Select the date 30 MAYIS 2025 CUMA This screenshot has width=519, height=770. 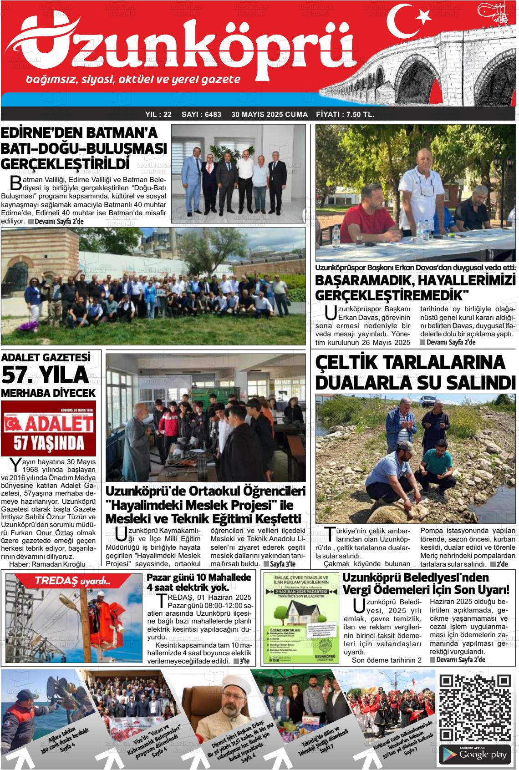click(x=270, y=115)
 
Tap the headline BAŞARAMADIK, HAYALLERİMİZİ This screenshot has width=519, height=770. click(x=415, y=279)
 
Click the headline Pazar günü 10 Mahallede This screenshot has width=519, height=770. click(x=199, y=577)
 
